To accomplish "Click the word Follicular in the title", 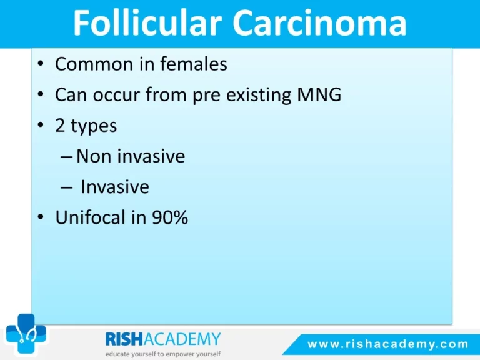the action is (147, 22).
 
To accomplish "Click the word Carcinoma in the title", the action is (319, 22).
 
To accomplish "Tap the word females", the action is (194, 64).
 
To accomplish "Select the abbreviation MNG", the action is (319, 94).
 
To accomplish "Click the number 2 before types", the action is (60, 126).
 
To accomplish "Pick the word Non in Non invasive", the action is (94, 156).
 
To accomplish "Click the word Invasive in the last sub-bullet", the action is (115, 187).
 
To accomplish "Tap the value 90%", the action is (170, 217).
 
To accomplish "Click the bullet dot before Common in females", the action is (41, 64).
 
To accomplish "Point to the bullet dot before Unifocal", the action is (41, 217).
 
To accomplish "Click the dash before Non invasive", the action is (67, 157).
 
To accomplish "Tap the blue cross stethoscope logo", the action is (26, 334).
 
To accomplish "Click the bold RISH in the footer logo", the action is (124, 339).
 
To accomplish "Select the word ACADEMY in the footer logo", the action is (182, 339).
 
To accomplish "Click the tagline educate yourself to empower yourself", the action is (163, 354).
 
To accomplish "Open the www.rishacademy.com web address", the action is (388, 344).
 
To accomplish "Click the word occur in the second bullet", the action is (116, 95).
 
